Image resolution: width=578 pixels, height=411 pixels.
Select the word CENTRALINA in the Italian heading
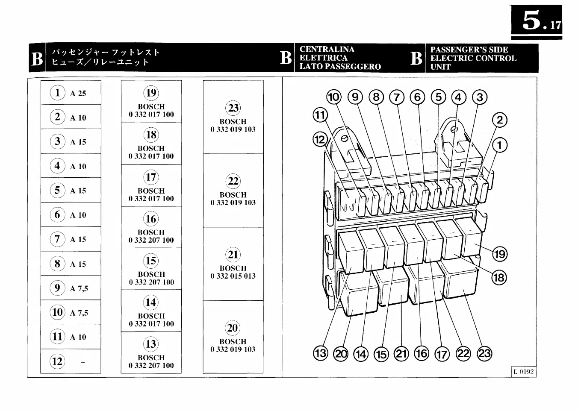pyautogui.click(x=327, y=50)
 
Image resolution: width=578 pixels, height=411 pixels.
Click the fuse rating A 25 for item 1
pyautogui.click(x=78, y=94)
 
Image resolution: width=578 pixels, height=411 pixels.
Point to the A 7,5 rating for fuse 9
pyautogui.click(x=79, y=289)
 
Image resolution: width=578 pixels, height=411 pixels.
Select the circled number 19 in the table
pyautogui.click(x=151, y=93)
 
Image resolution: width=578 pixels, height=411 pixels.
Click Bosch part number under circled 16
pyautogui.click(x=151, y=241)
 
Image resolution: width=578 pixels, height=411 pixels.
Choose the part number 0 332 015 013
pyautogui.click(x=233, y=276)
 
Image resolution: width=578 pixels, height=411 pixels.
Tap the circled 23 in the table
pyautogui.click(x=233, y=108)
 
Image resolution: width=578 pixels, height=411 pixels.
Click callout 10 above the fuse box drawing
pyautogui.click(x=333, y=97)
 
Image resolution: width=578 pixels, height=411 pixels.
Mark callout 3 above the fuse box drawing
pyautogui.click(x=480, y=97)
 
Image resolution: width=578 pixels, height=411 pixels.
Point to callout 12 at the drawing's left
pyautogui.click(x=320, y=140)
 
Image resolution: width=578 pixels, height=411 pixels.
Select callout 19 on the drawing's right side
pyautogui.click(x=499, y=254)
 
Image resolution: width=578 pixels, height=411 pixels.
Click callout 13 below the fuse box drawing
pyautogui.click(x=320, y=354)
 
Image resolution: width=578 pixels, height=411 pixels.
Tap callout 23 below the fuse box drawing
pyautogui.click(x=484, y=354)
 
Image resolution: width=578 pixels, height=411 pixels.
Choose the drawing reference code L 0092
pyautogui.click(x=524, y=372)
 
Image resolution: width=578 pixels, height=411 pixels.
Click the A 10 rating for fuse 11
pyautogui.click(x=78, y=338)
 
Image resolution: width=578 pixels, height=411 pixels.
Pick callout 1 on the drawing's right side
pyautogui.click(x=500, y=145)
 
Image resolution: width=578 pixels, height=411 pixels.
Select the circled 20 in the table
pyautogui.click(x=233, y=328)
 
